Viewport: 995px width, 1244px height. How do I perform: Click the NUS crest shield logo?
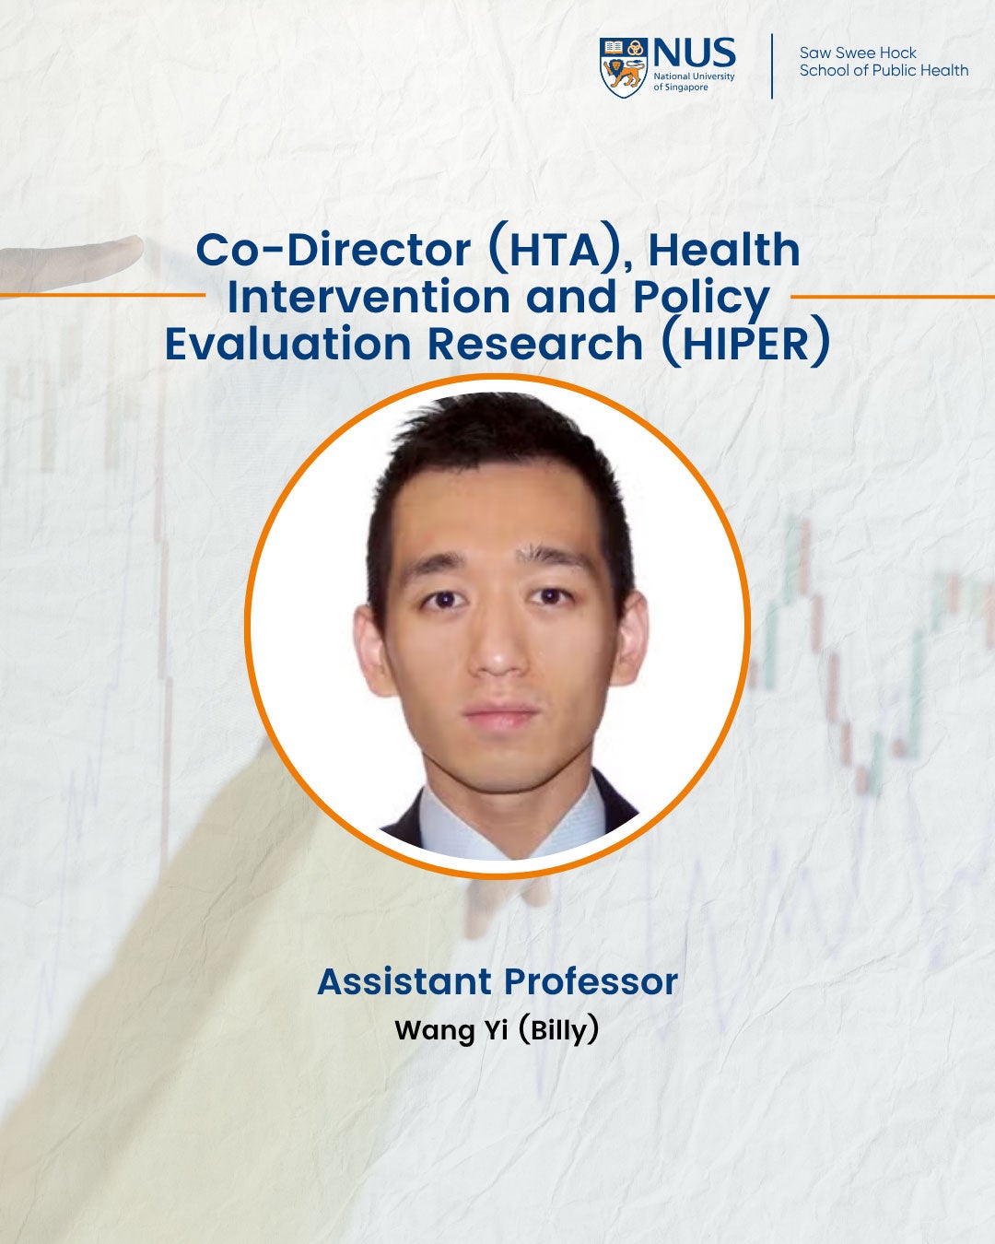coord(623,67)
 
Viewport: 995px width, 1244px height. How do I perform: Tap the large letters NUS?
coord(694,53)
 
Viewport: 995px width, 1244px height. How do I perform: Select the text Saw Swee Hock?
coord(858,53)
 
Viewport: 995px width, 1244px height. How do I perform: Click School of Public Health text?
coord(884,71)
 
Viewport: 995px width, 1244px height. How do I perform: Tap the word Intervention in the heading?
coord(369,297)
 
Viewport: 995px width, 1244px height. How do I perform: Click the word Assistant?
coord(402,981)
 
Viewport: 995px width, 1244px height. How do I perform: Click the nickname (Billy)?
coord(558,1029)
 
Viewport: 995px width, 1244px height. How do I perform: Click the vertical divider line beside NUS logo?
coord(772,66)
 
